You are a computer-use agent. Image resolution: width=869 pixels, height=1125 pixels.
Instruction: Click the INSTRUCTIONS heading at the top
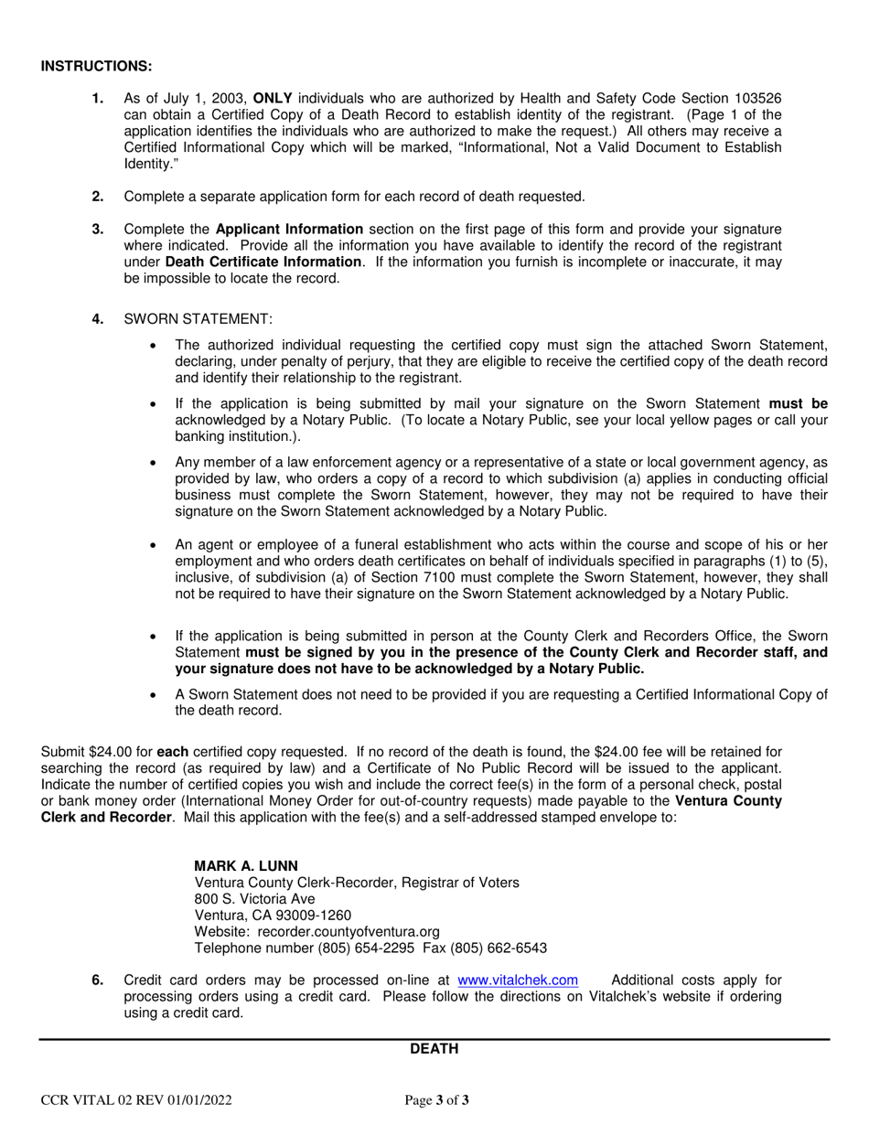point(96,67)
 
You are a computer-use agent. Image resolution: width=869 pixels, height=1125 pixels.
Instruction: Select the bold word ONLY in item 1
point(274,98)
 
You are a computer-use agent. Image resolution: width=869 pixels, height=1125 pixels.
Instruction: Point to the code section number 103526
point(756,98)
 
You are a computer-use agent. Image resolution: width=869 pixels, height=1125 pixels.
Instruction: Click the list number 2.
point(98,197)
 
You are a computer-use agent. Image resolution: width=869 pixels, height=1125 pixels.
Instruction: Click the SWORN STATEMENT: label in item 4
point(198,319)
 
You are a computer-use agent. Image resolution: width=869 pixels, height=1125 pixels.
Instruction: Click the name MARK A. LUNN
point(246,865)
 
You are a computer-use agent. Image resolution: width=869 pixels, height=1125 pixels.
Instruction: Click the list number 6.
point(98,980)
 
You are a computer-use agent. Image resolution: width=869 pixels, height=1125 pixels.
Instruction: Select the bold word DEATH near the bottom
point(434,1049)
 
